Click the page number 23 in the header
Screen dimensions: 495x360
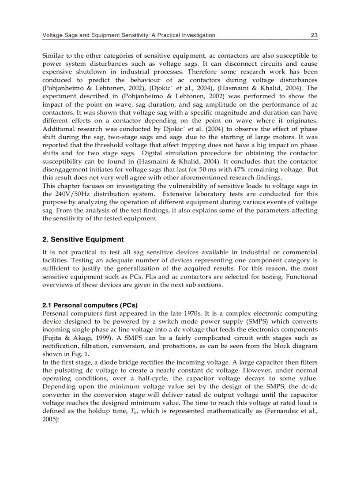click(314, 35)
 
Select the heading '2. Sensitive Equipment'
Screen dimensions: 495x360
click(83, 239)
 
